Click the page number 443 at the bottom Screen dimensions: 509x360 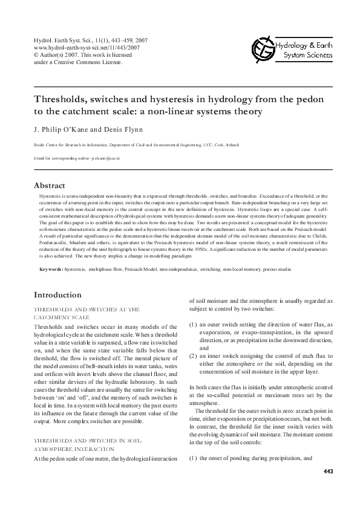[328, 471]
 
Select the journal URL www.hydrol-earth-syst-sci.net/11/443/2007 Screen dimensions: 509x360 [81, 47]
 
